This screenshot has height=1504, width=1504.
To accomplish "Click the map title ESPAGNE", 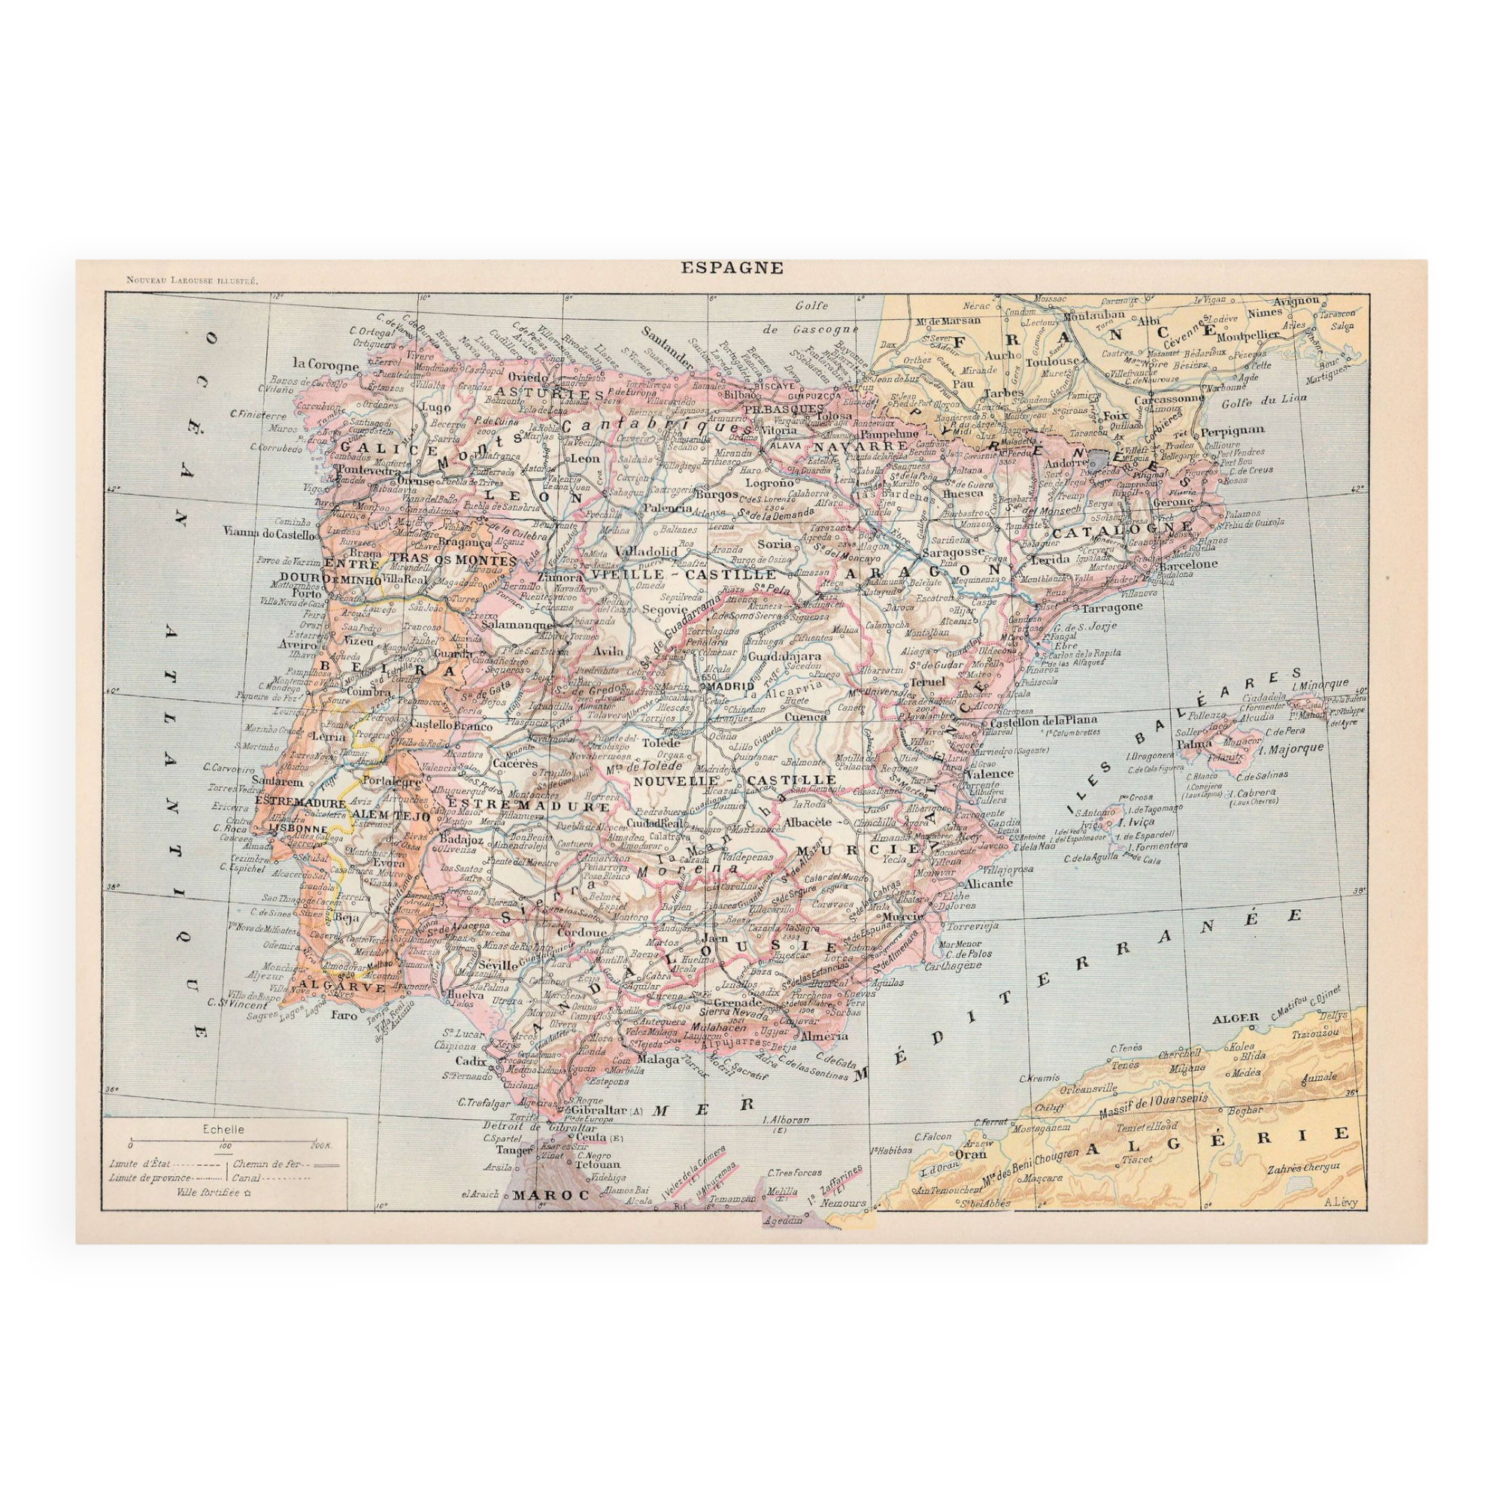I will click(x=732, y=268).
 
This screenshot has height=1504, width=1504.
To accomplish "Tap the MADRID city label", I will click(x=731, y=687).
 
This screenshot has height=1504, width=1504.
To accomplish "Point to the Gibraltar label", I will click(x=600, y=1110).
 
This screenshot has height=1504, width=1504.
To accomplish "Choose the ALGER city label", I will click(x=1235, y=1018).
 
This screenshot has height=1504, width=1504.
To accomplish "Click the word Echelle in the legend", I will click(x=223, y=1129).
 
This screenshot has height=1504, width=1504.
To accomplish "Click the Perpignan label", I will click(x=1232, y=430).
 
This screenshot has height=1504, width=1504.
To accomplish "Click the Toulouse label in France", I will click(x=1053, y=361).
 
